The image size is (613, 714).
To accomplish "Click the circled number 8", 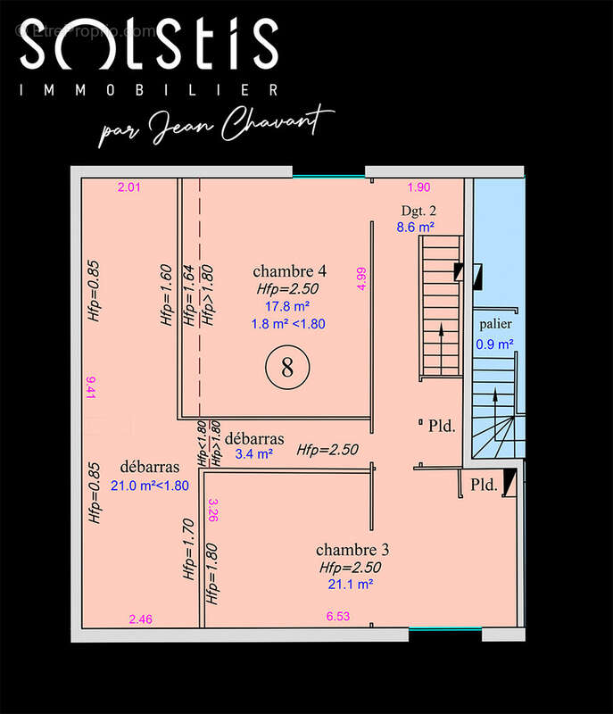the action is (x=287, y=367).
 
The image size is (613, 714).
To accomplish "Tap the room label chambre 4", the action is (x=289, y=271).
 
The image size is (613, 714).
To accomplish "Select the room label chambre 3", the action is (x=352, y=550).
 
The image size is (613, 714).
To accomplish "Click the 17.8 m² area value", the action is (x=287, y=306).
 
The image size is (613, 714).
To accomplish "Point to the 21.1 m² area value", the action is (x=351, y=584).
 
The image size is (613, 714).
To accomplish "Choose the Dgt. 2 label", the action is (x=418, y=211).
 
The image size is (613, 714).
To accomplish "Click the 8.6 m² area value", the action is (x=415, y=227).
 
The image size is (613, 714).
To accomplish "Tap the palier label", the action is (x=495, y=324).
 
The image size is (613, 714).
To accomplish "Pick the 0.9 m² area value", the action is (x=494, y=344).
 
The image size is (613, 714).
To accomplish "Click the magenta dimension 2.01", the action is (x=129, y=187).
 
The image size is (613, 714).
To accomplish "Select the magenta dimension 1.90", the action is (x=418, y=187).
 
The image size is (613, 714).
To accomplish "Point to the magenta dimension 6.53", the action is (x=338, y=616).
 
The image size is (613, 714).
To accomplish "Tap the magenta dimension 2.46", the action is (x=141, y=619).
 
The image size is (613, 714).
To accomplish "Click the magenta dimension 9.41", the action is (x=90, y=387).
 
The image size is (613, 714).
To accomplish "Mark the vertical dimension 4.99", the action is (x=361, y=278).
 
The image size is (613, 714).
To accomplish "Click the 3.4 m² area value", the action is (x=254, y=453).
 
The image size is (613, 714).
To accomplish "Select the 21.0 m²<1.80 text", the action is (x=150, y=486).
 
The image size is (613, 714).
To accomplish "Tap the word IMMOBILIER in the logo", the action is (x=149, y=90).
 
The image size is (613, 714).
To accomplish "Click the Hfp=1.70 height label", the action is (x=188, y=549).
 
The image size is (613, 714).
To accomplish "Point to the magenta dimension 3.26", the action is (x=213, y=510).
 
